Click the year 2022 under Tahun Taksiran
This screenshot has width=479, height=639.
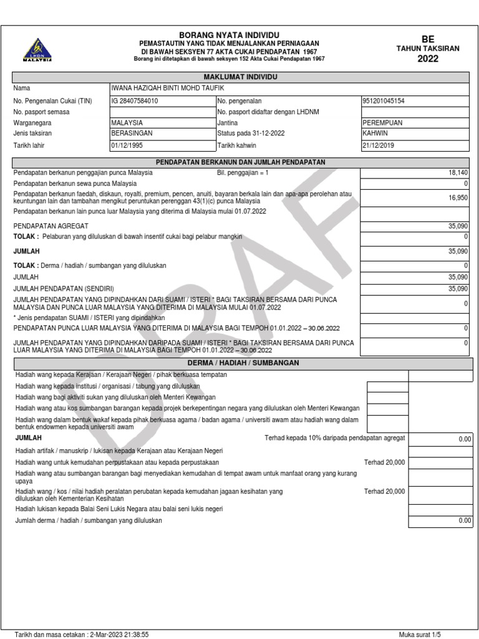pos(428,59)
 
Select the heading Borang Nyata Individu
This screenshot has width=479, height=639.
pos(230,34)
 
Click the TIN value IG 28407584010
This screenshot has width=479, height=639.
pos(134,100)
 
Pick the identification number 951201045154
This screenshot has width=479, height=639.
pos(384,100)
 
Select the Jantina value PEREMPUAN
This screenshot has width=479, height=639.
pos(383,123)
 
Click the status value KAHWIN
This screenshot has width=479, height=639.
pos(374,134)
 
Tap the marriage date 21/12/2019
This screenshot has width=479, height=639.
pos(379,145)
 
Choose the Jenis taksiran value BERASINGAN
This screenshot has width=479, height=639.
pos(132,134)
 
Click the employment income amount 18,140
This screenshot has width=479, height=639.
pos(457,172)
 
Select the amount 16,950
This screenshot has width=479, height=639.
pos(457,198)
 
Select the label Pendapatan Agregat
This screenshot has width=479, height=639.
pos(51,225)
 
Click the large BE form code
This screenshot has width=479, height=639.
pos(428,37)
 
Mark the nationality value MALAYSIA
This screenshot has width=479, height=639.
pos(127,123)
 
